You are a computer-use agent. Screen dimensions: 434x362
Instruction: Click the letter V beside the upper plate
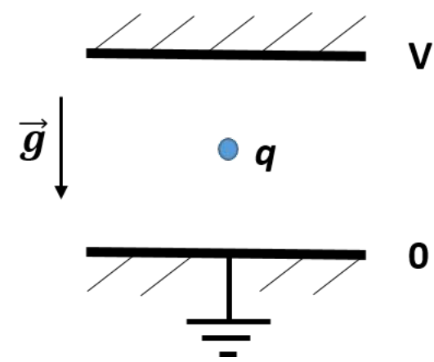pos(420,56)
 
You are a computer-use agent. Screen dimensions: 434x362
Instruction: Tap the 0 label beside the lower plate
pos(418,256)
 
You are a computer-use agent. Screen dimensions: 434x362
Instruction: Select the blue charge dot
pos(228,150)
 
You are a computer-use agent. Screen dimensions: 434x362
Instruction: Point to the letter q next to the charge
pos(266,157)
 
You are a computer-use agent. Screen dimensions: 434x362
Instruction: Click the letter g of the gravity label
pos(33,145)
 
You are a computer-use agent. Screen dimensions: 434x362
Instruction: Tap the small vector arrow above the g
pos(34,123)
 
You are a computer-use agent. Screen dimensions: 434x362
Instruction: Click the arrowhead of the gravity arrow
pos(61,192)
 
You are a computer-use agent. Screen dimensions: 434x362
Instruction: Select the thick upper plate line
pos(226,55)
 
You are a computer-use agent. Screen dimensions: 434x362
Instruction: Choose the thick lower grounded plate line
pos(226,253)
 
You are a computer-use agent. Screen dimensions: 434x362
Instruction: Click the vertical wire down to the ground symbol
pos(229,288)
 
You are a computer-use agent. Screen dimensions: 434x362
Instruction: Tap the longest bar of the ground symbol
pos(229,321)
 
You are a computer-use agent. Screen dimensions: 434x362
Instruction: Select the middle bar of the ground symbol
pos(226,338)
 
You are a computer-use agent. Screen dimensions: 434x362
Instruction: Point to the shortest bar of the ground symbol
pos(228,354)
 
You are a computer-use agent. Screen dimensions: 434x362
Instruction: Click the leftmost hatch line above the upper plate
pos(118,31)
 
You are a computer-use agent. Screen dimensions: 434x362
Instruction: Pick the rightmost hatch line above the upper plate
pos(342,34)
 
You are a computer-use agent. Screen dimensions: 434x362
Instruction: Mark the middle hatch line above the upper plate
pos(232,33)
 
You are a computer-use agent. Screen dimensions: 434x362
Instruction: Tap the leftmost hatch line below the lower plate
pos(110,274)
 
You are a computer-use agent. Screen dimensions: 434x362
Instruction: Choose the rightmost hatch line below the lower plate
pos(336,277)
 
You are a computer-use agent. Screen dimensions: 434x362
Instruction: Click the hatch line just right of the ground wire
pos(280,275)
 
